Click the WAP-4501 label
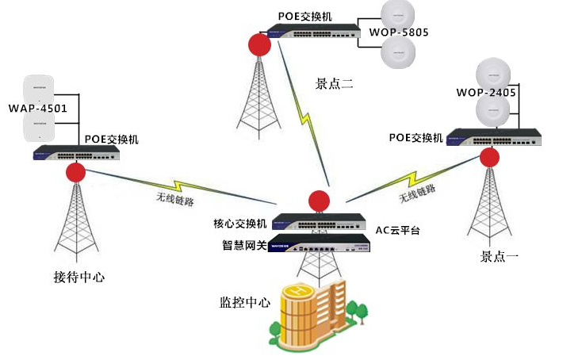click(x=37, y=108)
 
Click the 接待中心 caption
click(x=79, y=277)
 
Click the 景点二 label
click(x=334, y=82)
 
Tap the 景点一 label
click(x=500, y=256)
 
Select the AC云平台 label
click(x=397, y=231)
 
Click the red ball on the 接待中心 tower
click(x=76, y=172)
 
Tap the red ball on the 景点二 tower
click(x=258, y=44)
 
